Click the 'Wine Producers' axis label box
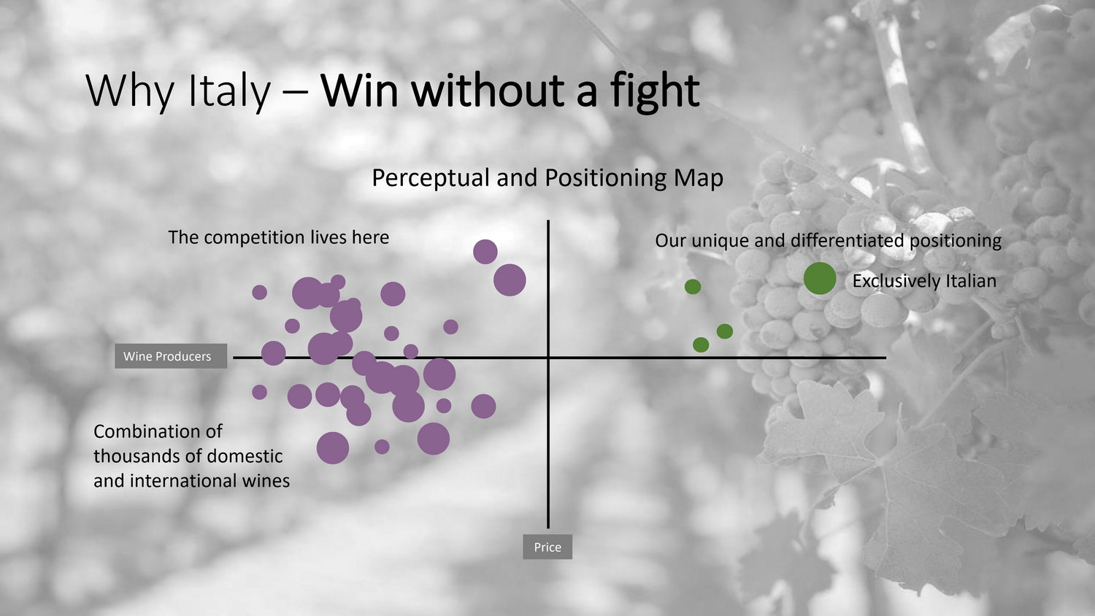171,356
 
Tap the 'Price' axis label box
547,547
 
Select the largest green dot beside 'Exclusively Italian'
820,278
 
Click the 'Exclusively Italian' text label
924,281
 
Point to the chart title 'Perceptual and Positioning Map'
547,177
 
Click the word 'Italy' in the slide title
228,91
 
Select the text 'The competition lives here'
279,238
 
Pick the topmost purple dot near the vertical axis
485,252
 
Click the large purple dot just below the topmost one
510,280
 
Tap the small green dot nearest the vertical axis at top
693,287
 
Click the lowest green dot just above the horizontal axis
701,344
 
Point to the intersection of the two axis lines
548,358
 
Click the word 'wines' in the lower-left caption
266,481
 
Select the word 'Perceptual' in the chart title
431,178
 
